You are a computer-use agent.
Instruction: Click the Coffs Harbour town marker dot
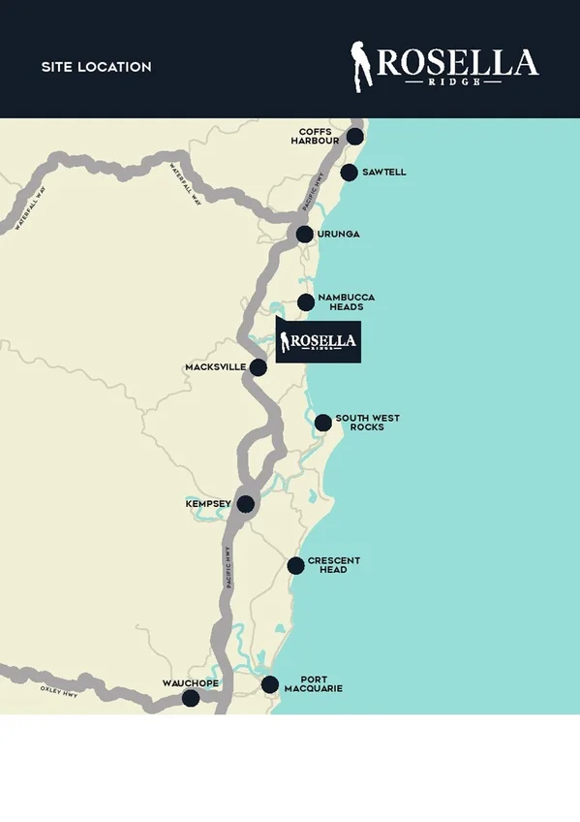pos(355,136)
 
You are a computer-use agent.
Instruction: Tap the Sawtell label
pos(384,173)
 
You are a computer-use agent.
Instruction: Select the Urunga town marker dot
pos(304,234)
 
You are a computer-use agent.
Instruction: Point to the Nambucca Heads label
pos(346,301)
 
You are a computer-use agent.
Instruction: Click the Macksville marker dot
pos(258,367)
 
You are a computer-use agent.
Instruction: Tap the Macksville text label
pos(215,367)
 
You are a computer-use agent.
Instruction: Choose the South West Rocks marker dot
pos(322,422)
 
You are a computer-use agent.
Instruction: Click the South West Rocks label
pos(367,423)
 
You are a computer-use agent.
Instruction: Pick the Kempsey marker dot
pos(245,504)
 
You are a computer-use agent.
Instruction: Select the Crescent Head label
pos(333,565)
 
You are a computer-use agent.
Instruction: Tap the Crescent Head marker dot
pos(295,565)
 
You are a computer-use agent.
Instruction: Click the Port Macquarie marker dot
pos(270,684)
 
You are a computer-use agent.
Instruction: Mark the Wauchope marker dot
pos(191,698)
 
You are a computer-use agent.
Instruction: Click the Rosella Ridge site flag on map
pos(319,342)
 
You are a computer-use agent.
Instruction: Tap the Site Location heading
pos(97,67)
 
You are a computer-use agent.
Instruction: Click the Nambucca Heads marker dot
pos(306,301)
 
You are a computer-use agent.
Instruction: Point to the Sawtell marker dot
pos(349,173)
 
